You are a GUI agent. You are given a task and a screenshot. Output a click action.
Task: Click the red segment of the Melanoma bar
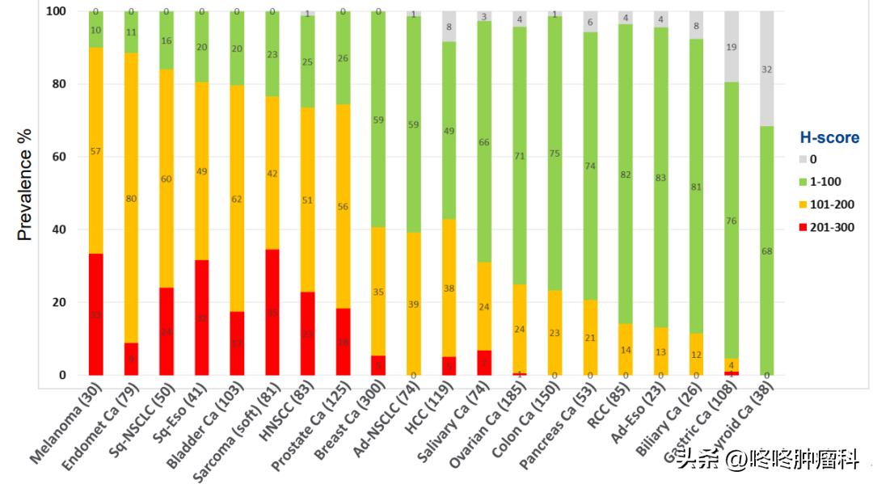pos(96,314)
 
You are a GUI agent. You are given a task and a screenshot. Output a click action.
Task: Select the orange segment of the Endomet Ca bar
pos(131,198)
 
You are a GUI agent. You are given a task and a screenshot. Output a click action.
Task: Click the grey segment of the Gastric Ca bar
pos(732,46)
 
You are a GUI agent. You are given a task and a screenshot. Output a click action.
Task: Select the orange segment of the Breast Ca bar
pos(378,292)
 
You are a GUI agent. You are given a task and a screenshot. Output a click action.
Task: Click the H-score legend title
pos(829,138)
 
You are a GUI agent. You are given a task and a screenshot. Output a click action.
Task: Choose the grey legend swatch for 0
pos(803,160)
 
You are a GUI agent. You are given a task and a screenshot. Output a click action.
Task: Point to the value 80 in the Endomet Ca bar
pos(131,198)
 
